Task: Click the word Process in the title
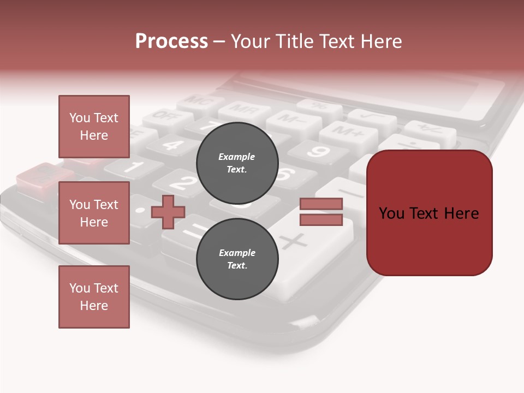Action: click(171, 41)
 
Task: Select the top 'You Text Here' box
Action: click(94, 127)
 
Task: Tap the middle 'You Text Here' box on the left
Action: click(94, 213)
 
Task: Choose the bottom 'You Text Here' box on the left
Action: click(94, 297)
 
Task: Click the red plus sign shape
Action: click(168, 212)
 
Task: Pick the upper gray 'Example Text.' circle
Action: click(237, 163)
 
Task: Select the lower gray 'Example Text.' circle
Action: click(237, 259)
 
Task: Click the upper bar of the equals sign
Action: click(321, 204)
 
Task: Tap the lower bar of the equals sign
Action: click(321, 220)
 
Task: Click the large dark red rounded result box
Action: click(429, 213)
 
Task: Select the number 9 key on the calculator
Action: click(318, 151)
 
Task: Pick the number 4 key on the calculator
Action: click(172, 145)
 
